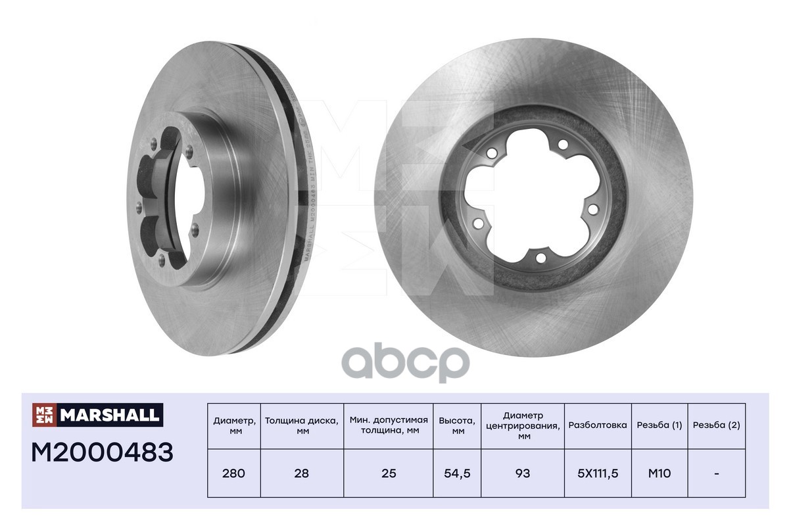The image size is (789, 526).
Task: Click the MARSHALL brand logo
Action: coord(97,414)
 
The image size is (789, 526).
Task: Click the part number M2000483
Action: coord(103,452)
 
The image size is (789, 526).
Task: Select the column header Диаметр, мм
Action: coord(234,425)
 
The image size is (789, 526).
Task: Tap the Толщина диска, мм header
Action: coord(302,425)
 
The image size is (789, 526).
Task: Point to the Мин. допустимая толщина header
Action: coord(389,425)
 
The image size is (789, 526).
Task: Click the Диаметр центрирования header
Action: coord(523,425)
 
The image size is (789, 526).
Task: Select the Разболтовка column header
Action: coord(598,425)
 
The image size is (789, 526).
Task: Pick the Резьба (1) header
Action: coord(659,425)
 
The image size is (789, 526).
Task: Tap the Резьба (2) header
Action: coord(716,425)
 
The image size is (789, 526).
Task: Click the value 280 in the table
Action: coord(234,473)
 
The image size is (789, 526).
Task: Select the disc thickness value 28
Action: coord(302,473)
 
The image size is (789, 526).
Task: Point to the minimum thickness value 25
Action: coord(389,473)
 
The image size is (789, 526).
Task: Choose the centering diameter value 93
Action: coord(523,473)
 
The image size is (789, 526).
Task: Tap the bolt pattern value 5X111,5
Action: coord(598,473)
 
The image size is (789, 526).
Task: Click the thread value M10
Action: coord(659,473)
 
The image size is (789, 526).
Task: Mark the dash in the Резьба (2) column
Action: coord(716,473)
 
